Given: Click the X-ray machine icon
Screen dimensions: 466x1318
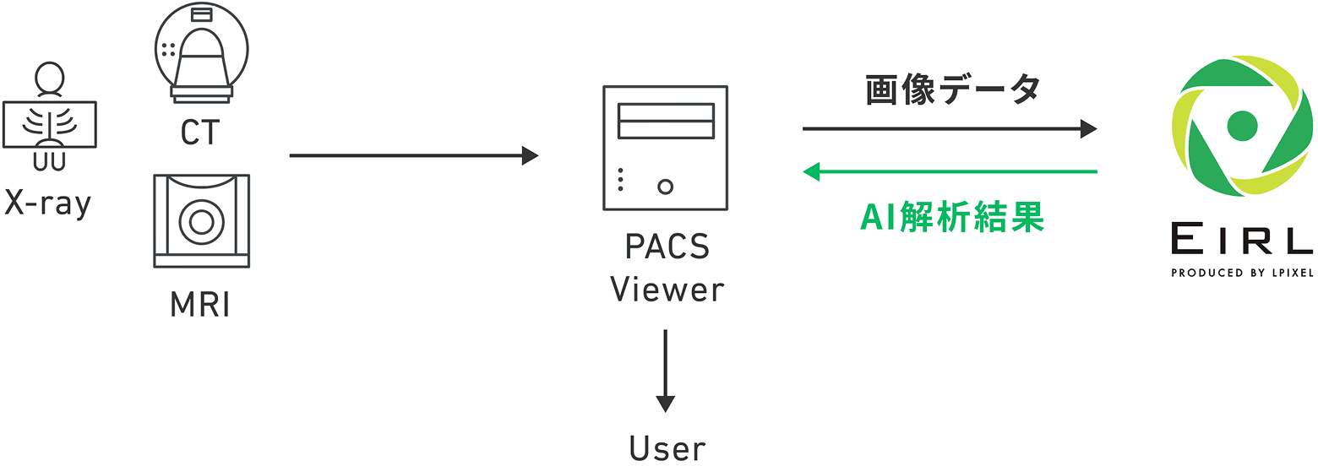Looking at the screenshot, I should pos(50,118).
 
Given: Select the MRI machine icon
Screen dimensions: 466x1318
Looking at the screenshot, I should pos(201,220).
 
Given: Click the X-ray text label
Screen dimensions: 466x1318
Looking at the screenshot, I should pos(47,203).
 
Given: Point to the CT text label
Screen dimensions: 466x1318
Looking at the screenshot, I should pos(200,133).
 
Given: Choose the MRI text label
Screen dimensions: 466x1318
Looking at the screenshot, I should pos(200,304).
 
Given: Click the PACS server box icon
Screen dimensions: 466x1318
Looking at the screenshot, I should pos(665,148).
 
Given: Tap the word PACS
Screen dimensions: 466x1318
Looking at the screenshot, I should pos(667,247).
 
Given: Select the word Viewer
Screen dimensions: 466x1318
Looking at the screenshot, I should pos(667,290).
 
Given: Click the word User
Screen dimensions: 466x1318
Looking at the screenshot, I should pos(667,448).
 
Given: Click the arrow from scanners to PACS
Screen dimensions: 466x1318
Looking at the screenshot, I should pos(413,155).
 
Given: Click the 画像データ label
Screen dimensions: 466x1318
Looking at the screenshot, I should pos(952,90).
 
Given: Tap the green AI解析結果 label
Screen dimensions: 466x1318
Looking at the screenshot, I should pos(952,218).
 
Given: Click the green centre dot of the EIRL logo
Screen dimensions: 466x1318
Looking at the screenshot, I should pos(1242,126).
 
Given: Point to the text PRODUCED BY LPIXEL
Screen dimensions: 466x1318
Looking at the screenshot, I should pos(1242,273).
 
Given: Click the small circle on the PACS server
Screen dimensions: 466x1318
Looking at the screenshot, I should pos(665,186).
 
